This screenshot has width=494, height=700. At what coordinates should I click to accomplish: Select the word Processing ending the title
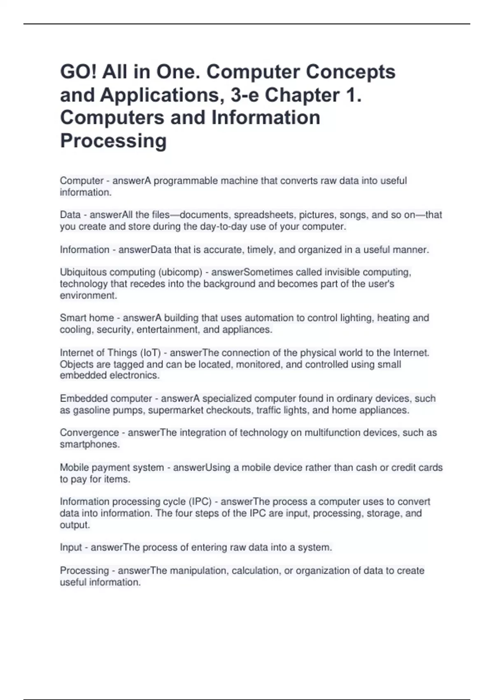pos(113,141)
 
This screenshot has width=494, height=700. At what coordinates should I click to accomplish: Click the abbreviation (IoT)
pos(150,353)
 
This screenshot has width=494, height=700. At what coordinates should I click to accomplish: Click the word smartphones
pos(90,444)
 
